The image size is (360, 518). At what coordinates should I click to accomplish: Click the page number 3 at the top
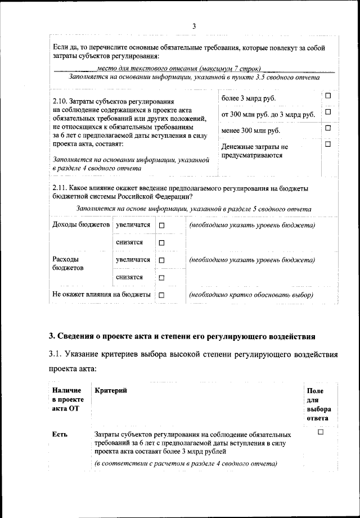[193, 26]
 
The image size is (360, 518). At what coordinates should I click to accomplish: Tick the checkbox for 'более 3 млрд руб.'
[327, 97]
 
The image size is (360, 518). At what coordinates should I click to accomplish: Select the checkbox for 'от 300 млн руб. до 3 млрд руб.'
[327, 112]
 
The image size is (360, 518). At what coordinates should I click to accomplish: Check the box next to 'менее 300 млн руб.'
[327, 129]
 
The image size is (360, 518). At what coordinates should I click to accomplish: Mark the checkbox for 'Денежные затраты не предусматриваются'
[327, 145]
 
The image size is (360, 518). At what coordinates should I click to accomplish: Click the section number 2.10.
[60, 101]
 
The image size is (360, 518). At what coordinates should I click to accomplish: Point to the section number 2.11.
[60, 188]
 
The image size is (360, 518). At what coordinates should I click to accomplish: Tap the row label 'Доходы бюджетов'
[80, 225]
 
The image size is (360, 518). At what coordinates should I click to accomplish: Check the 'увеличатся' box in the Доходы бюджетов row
[161, 226]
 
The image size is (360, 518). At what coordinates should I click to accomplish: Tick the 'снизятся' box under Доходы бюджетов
[161, 243]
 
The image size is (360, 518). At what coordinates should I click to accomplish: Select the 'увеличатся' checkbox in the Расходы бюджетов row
[161, 260]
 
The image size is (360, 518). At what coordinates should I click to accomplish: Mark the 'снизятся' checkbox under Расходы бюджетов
[161, 278]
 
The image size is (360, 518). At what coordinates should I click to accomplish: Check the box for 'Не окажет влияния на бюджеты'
[161, 295]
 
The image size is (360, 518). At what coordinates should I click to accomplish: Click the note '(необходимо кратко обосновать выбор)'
[251, 295]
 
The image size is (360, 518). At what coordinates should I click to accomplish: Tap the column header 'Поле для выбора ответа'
[318, 404]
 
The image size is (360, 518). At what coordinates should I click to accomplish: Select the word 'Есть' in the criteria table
[60, 434]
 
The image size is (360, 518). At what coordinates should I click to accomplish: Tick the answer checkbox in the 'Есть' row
[321, 432]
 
